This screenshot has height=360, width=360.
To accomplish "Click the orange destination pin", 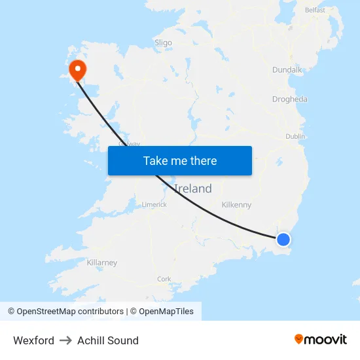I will pyautogui.click(x=78, y=69).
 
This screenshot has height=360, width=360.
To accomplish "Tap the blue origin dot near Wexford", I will pyautogui.click(x=283, y=240).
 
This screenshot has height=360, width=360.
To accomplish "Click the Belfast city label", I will pyautogui.click(x=314, y=10).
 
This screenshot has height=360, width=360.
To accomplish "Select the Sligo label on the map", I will pyautogui.click(x=163, y=43).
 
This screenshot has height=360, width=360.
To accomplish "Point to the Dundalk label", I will pyautogui.click(x=287, y=69).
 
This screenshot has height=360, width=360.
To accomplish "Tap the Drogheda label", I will pyautogui.click(x=289, y=99).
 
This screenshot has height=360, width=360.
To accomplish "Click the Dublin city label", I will pyautogui.click(x=295, y=136).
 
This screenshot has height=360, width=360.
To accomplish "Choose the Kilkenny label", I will pyautogui.click(x=236, y=205).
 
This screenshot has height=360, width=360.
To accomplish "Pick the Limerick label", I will pyautogui.click(x=154, y=205).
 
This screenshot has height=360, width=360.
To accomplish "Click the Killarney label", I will pyautogui.click(x=102, y=262).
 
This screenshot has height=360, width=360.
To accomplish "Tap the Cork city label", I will pyautogui.click(x=164, y=279).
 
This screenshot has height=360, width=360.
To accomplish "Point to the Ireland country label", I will pyautogui.click(x=192, y=189).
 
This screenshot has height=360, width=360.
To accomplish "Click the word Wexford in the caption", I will pyautogui.click(x=33, y=340).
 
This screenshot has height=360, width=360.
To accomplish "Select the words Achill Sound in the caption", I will pyautogui.click(x=108, y=340).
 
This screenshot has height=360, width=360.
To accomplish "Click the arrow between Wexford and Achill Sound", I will pyautogui.click(x=65, y=340).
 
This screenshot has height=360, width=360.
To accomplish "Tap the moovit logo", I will pyautogui.click(x=321, y=339).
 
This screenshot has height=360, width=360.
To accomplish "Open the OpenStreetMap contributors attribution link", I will pyautogui.click(x=65, y=312).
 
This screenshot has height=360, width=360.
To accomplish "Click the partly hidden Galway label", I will pyautogui.click(x=129, y=143).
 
